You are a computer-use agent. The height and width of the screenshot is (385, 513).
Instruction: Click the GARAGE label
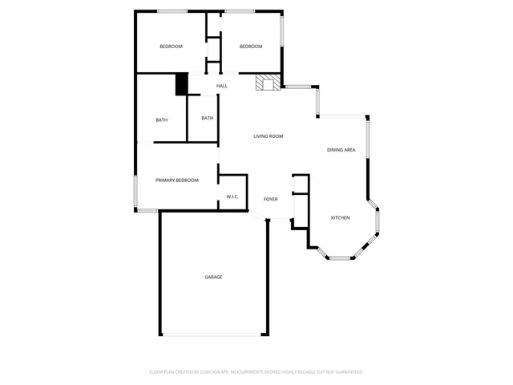213,277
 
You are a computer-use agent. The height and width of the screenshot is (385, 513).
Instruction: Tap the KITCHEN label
341,217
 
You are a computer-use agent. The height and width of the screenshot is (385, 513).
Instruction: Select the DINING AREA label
341,150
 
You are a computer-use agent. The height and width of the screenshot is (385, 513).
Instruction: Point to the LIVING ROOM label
269,136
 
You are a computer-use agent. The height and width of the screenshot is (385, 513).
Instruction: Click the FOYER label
271,199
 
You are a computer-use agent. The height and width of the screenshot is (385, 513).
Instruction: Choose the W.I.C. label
232,197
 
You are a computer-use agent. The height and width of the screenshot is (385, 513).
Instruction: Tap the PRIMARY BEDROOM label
177,180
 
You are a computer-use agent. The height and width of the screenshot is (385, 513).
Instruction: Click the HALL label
222,86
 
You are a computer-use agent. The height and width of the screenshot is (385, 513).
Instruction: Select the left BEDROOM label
171,47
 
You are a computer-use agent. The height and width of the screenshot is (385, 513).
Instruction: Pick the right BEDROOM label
251,47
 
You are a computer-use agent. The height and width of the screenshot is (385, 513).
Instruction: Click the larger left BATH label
162,120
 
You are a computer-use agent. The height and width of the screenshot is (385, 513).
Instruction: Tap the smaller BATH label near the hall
208,118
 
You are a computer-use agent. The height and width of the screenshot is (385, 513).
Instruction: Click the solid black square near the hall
181,84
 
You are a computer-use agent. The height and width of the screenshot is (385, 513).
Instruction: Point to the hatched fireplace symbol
267,83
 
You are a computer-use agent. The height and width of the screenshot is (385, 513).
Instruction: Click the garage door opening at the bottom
212,335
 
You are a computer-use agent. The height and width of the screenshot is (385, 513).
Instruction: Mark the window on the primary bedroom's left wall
135,191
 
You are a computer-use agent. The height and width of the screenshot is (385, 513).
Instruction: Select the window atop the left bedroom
172,10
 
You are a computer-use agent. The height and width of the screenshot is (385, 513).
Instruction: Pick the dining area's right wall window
368,140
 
